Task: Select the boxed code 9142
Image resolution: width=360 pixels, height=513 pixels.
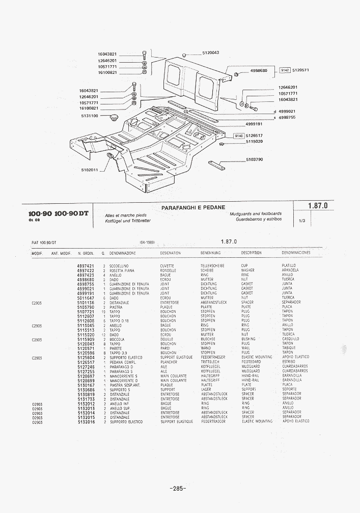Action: coord(285,70)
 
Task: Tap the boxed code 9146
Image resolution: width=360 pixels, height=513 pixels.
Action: coord(238,136)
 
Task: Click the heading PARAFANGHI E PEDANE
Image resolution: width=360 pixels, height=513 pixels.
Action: coord(193,208)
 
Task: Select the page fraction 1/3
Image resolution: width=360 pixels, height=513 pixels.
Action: coord(301,221)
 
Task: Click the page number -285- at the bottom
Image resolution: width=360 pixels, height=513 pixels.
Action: coord(178,489)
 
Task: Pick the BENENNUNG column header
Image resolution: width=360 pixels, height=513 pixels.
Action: coord(210,253)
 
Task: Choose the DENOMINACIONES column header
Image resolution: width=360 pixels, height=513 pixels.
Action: coord(296,253)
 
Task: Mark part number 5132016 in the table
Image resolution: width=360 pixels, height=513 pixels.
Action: coord(86,422)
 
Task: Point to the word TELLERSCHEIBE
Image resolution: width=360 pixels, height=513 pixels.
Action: coord(212,266)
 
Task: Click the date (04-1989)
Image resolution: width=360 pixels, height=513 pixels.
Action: coord(147,242)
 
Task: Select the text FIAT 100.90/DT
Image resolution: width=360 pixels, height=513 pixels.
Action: coord(44,242)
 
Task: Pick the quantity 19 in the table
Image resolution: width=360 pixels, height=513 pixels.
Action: coord(103,312)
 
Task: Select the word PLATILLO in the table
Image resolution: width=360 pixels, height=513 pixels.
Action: coord(289,266)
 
